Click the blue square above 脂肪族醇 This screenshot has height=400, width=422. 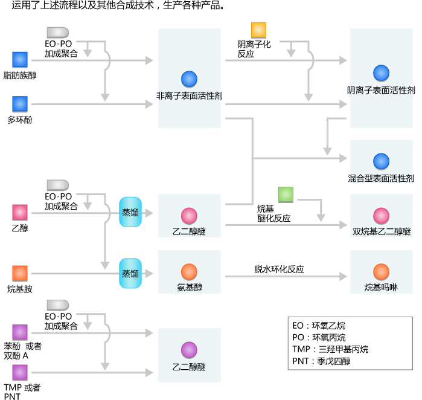(x=20, y=59)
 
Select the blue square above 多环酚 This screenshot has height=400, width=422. (x=20, y=104)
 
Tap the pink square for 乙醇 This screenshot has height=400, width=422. (x=20, y=212)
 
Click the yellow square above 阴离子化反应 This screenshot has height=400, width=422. (x=258, y=30)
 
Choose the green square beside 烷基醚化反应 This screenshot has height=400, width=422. (x=286, y=195)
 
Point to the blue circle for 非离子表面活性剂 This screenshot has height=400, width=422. (x=189, y=79)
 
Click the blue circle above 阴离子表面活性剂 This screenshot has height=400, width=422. (x=381, y=73)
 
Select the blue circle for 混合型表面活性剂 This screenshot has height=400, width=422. (x=381, y=161)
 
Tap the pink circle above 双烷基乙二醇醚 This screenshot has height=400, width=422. (x=381, y=216)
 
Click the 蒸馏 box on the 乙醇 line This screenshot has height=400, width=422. (x=130, y=212)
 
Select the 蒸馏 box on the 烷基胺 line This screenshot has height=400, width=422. (x=130, y=273)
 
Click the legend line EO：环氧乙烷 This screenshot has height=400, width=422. (x=318, y=326)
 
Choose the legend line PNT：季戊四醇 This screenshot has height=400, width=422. (x=321, y=361)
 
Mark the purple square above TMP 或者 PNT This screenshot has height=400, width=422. (x=20, y=372)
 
